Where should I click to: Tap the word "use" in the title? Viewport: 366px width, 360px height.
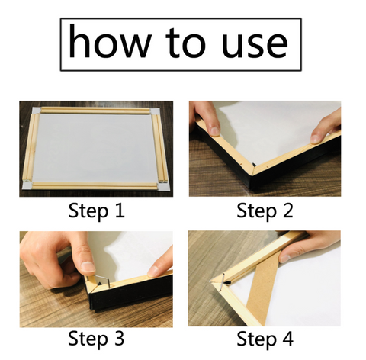click(255, 45)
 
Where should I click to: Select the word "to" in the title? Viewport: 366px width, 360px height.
click(185, 43)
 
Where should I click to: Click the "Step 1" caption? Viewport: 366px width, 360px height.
click(97, 211)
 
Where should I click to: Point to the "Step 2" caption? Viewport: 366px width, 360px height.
click(265, 211)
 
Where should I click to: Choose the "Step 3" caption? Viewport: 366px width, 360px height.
click(96, 339)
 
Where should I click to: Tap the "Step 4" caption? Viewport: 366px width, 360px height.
click(265, 339)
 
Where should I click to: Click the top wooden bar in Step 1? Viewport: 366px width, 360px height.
click(95, 111)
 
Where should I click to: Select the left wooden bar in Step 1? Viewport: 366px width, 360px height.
click(31, 147)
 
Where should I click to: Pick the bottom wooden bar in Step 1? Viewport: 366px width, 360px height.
click(95, 185)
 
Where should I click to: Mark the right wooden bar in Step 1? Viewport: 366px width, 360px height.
click(159, 148)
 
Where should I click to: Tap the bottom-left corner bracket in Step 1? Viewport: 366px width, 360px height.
click(27, 185)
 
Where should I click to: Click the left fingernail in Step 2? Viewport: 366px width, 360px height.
click(215, 131)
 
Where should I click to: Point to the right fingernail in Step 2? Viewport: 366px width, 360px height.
click(315, 139)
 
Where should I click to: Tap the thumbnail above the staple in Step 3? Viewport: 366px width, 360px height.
click(88, 266)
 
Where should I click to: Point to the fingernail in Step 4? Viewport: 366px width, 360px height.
click(284, 259)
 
